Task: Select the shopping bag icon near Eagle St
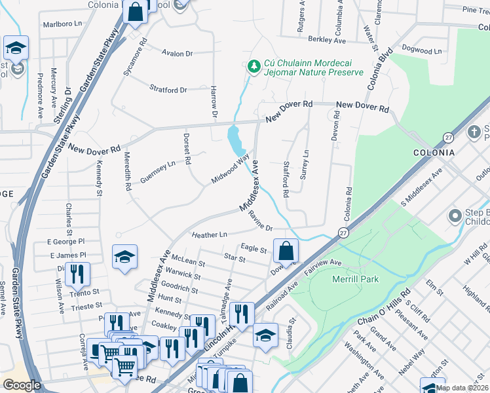click(286, 250)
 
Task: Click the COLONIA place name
click(434, 153)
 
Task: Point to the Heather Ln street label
click(209, 234)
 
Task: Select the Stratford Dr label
click(168, 90)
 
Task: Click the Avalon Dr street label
click(178, 54)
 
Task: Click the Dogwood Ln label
click(417, 50)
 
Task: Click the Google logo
click(22, 385)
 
